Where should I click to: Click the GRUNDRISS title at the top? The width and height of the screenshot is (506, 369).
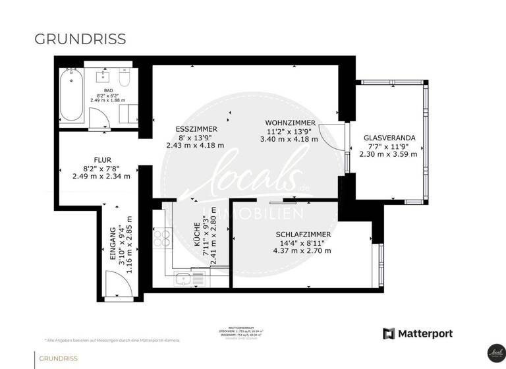80,39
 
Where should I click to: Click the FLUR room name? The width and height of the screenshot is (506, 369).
101,159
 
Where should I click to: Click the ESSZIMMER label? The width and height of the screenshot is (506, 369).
195,128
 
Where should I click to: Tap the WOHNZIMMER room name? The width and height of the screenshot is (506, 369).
290,123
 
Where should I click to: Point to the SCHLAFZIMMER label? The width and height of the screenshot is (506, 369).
303,234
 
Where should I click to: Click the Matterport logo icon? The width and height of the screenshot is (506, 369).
389,333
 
